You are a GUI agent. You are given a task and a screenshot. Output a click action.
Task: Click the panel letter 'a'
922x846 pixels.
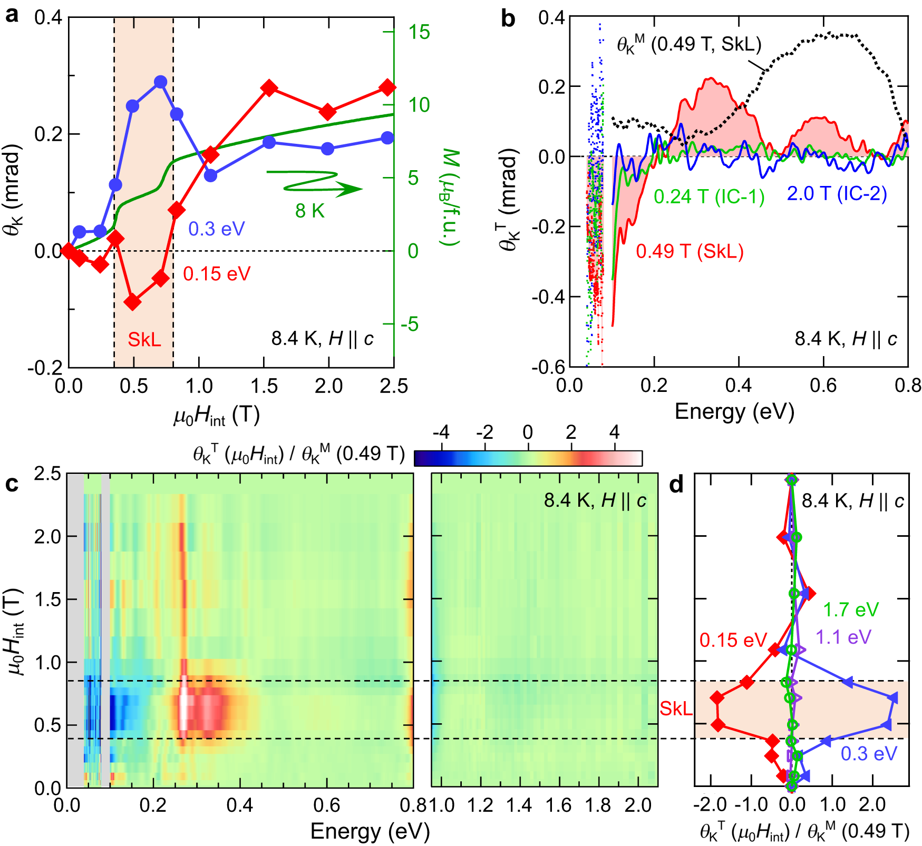tap(12, 16)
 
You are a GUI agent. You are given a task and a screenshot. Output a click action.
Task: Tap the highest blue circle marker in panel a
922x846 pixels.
tap(161, 82)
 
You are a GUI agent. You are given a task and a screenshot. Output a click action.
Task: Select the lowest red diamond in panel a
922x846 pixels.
tap(133, 302)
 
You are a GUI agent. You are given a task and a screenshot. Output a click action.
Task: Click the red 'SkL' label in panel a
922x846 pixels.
tap(144, 340)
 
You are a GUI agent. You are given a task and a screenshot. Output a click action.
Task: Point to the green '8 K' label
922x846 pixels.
tap(310, 211)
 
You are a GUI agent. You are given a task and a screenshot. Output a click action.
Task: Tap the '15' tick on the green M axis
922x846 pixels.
tap(420, 33)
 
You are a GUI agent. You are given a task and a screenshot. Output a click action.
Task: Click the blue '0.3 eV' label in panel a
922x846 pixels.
tap(217, 229)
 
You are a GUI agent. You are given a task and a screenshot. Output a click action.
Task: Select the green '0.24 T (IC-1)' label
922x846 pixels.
tap(709, 197)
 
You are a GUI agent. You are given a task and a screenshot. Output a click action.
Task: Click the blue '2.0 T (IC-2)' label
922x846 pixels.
tap(837, 194)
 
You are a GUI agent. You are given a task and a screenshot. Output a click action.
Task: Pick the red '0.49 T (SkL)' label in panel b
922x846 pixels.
tap(690, 251)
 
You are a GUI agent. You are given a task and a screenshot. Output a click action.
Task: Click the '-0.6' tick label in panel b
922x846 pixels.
tap(548, 367)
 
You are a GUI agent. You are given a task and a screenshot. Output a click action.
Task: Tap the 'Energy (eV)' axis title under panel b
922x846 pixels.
tap(734, 411)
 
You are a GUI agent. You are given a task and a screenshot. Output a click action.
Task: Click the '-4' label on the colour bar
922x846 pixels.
tap(441, 433)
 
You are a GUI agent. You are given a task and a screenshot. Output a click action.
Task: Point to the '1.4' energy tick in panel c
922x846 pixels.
tap(519, 805)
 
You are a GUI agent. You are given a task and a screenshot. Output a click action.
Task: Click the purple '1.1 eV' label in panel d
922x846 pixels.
tap(843, 637)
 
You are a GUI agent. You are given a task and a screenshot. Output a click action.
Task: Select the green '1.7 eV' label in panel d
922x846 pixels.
tap(851, 610)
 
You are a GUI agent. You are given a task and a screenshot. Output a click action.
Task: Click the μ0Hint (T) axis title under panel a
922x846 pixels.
tap(217, 416)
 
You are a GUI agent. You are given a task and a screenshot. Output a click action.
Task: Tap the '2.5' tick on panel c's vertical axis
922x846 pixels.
tap(47, 474)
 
